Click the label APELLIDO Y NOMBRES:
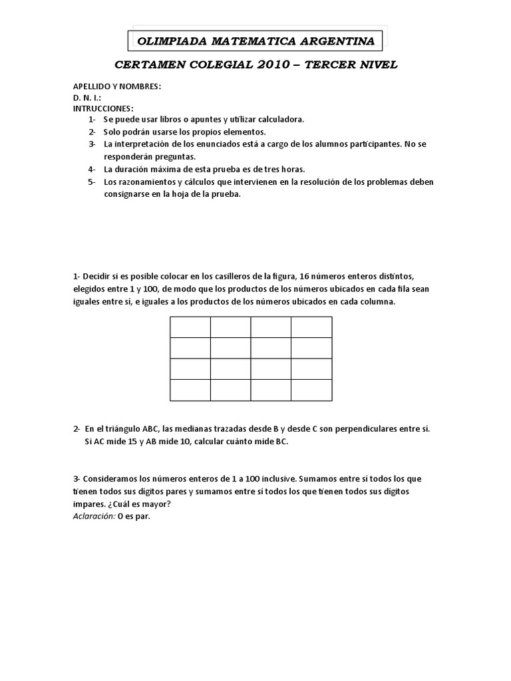coord(117,86)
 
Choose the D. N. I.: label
coord(87,97)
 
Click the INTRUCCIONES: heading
coord(103,108)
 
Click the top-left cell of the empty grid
coord(190,327)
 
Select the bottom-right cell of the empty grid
coord(311,390)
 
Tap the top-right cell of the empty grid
coord(311,327)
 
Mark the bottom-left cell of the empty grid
coord(190,390)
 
